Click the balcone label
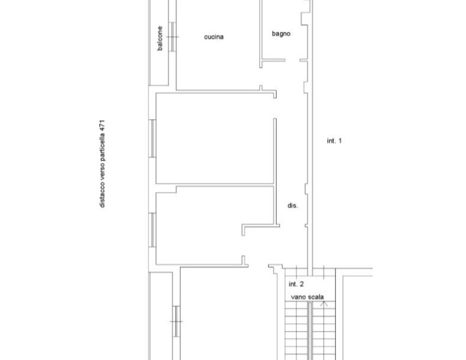point(160,38)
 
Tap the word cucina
point(214,37)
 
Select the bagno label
point(281,34)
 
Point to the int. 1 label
point(334,140)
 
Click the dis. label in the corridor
point(293,205)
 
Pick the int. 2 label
point(296,284)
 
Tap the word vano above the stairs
point(298,297)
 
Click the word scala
point(315,297)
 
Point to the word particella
point(102,147)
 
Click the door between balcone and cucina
point(172,37)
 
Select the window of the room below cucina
point(152,139)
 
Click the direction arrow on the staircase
point(324,304)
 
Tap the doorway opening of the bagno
point(293,61)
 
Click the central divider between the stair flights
point(309,331)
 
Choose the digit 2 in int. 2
point(302,284)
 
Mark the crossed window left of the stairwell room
point(176,322)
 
